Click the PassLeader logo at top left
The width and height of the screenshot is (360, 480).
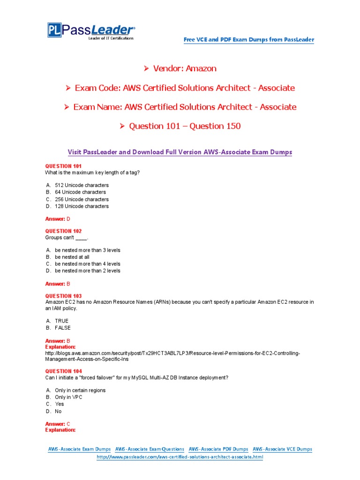[91, 31]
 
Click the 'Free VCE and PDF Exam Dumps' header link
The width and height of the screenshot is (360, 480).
[248, 40]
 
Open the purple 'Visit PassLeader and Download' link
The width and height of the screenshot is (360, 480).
[180, 152]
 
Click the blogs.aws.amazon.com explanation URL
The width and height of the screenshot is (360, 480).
[172, 353]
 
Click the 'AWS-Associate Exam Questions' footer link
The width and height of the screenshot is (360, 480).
[150, 449]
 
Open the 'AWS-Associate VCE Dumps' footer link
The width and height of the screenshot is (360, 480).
[282, 449]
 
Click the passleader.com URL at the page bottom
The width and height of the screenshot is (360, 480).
[180, 457]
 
